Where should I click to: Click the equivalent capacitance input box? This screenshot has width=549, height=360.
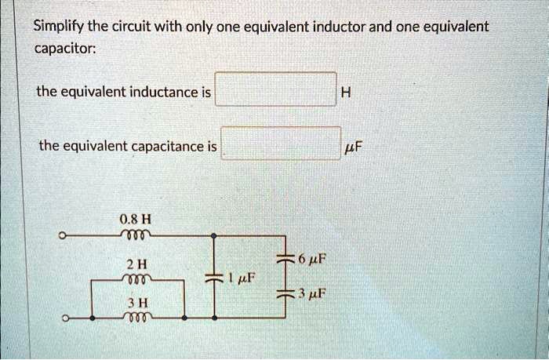281,143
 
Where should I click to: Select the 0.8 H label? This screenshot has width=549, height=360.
132,219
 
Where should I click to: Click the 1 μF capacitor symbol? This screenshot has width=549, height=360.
213,278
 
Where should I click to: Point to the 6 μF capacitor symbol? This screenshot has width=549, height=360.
287,260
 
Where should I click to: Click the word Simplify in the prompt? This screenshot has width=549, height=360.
56,27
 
